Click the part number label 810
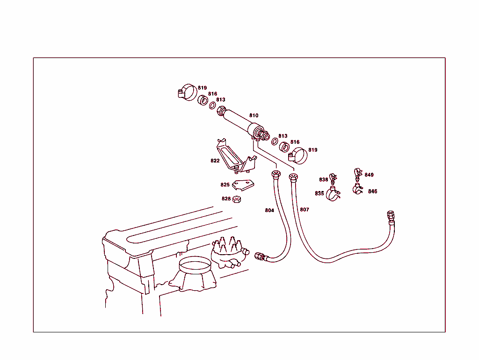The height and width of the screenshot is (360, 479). [x=254, y=115]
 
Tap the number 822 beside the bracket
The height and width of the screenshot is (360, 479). [x=215, y=161]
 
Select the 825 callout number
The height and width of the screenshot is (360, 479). [x=225, y=185]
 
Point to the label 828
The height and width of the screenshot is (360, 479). [x=226, y=198]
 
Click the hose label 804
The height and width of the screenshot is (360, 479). [x=269, y=210]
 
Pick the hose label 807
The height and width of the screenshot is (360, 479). [x=305, y=209]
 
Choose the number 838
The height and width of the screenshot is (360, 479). [x=324, y=180]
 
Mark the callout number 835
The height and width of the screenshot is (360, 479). [x=319, y=193]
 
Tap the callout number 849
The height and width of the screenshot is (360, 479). [x=369, y=175]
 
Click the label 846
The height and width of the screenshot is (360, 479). [x=372, y=191]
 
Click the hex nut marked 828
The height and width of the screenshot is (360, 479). [x=237, y=199]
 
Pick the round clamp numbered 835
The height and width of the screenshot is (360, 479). [x=334, y=194]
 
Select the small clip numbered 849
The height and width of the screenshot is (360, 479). [x=357, y=174]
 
